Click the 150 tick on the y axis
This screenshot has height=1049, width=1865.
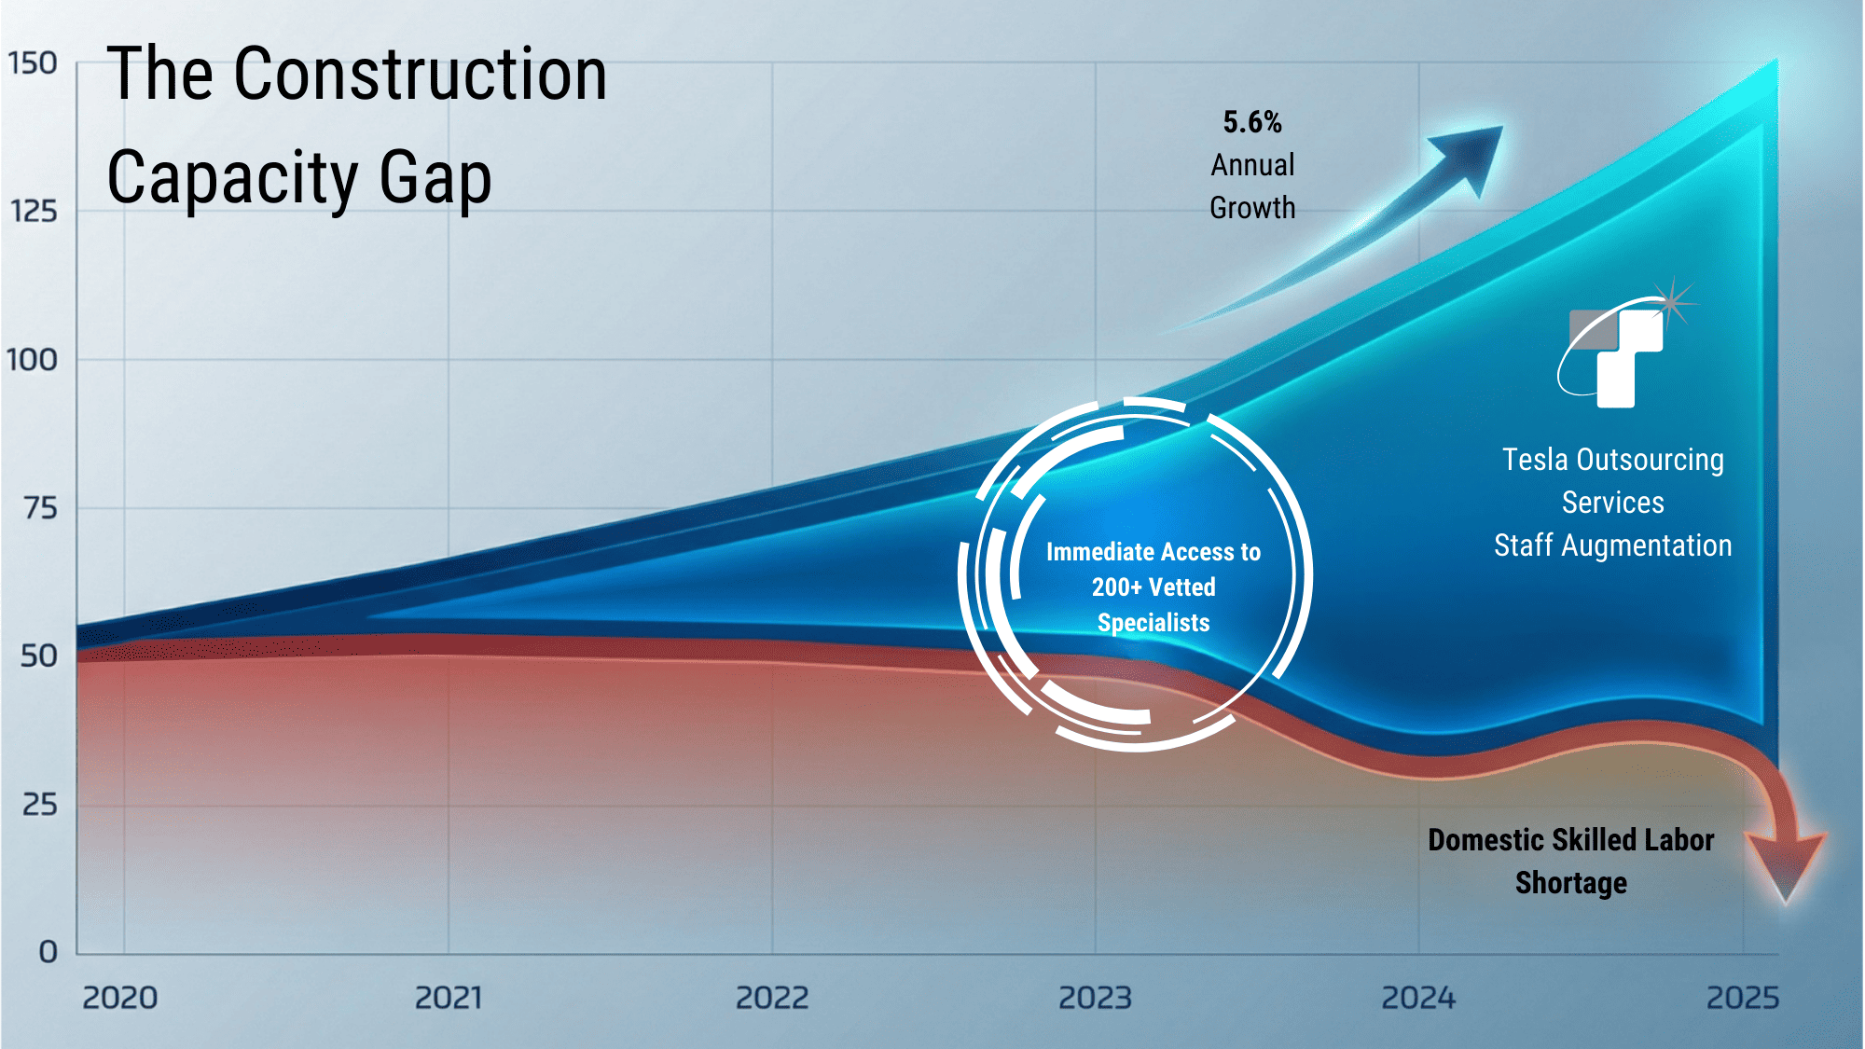(x=33, y=63)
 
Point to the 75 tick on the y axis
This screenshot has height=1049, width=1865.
(x=40, y=508)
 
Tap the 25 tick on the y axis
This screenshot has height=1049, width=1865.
(x=40, y=805)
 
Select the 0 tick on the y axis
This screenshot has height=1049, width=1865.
(x=48, y=952)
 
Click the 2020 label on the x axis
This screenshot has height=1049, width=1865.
(x=120, y=999)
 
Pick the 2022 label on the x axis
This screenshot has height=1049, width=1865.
(x=772, y=999)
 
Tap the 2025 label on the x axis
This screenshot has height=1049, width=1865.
(x=1743, y=999)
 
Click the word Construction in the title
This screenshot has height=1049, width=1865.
(x=421, y=75)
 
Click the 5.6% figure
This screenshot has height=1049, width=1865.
(x=1252, y=122)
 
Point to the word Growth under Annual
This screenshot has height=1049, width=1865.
(x=1252, y=208)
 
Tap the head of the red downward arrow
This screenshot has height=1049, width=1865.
(x=1785, y=863)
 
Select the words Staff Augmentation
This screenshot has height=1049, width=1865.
(x=1612, y=545)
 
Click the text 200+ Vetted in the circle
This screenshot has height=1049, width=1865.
(x=1154, y=587)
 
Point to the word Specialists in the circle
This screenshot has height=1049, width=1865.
(x=1154, y=623)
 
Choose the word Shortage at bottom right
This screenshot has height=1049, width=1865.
(x=1570, y=883)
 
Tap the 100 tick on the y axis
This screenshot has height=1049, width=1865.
(x=33, y=360)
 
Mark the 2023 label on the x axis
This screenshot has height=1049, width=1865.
(x=1095, y=999)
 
